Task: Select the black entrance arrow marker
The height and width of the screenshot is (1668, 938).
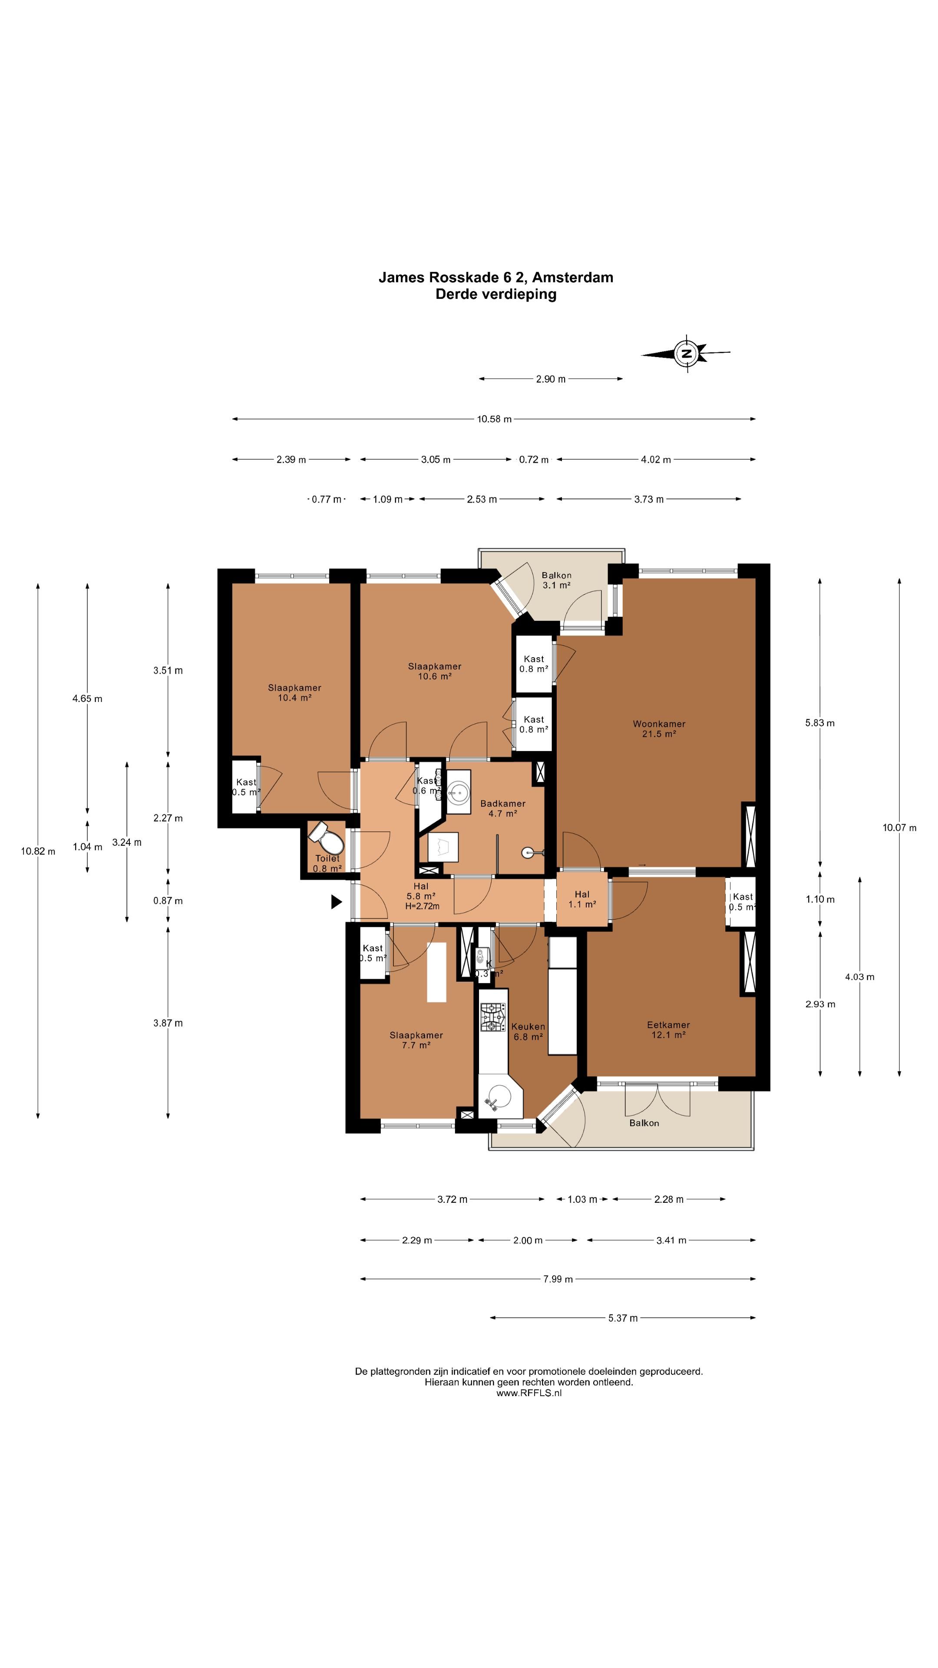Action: pos(336,901)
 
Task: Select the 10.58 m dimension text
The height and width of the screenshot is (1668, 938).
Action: pos(494,419)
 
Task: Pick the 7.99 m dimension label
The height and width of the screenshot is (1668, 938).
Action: pos(557,1279)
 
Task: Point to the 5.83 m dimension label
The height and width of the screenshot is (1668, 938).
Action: pos(819,723)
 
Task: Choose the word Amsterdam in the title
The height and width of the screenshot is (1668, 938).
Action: pos(572,277)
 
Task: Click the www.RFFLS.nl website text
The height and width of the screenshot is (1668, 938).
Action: pos(529,1393)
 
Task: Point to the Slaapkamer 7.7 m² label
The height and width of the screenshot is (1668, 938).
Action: pos(416,1040)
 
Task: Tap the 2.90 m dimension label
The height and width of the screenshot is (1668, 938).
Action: pos(550,379)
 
